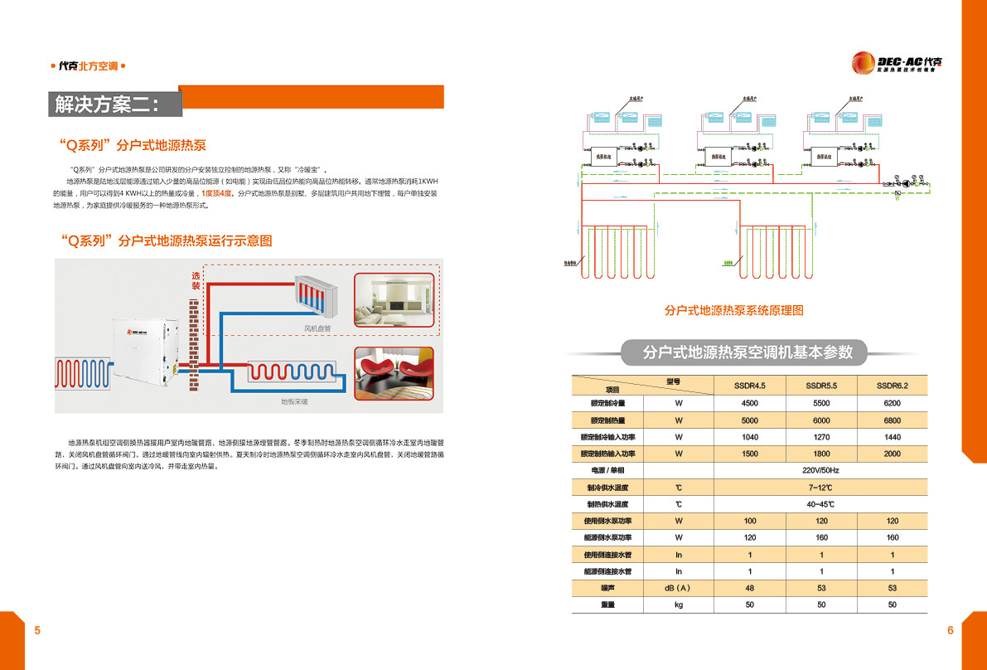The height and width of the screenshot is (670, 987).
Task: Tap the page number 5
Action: tap(37, 631)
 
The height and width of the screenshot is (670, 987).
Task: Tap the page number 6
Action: tap(951, 631)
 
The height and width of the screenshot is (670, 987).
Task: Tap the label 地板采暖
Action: tap(294, 402)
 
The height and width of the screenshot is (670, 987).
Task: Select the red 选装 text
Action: tap(196, 280)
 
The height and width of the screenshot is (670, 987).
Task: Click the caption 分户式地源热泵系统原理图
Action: tap(734, 311)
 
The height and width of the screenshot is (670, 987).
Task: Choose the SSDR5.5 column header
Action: tap(821, 386)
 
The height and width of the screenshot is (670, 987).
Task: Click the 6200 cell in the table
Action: tap(892, 403)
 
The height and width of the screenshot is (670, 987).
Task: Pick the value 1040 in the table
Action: tap(750, 437)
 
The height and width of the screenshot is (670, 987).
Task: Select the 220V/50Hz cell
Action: tap(820, 470)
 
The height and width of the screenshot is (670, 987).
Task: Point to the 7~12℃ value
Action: tap(820, 488)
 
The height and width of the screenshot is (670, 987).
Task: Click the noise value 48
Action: tap(750, 588)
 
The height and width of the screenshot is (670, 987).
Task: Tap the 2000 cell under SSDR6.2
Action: tap(892, 454)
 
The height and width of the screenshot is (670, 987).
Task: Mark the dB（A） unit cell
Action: tap(678, 588)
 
